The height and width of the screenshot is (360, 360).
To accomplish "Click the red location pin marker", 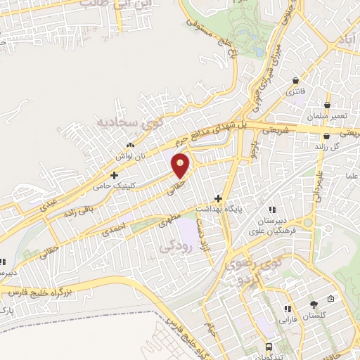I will [x=181, y=166].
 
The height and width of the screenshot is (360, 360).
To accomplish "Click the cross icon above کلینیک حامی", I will [x=114, y=175].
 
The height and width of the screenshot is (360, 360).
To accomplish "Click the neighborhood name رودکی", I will [x=174, y=247].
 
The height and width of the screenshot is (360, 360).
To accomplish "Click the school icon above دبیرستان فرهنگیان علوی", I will [x=271, y=209].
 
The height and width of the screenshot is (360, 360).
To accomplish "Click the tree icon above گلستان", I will [x=314, y=304].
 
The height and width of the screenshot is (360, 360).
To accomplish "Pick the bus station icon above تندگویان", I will [x=271, y=347].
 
